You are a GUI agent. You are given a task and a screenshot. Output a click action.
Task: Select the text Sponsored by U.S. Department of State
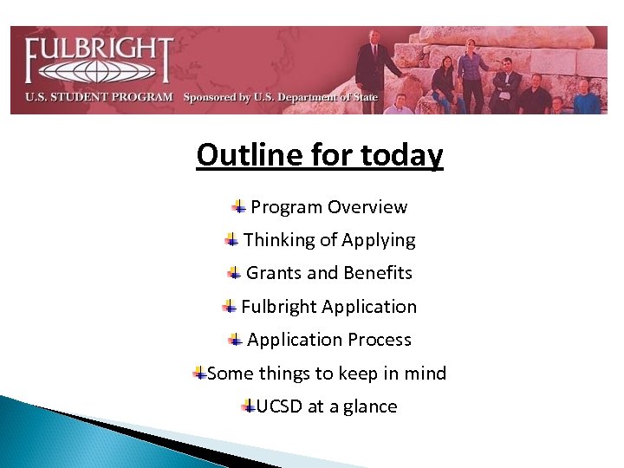pos(280,97)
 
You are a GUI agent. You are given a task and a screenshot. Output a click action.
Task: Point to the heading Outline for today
pos(319,155)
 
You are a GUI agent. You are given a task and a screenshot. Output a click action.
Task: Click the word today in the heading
pos(400,155)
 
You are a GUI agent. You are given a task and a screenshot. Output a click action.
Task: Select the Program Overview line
pos(328,207)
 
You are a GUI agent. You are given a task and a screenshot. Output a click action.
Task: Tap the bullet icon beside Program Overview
pos(238,206)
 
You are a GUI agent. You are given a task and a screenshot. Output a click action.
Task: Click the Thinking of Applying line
pos(329,240)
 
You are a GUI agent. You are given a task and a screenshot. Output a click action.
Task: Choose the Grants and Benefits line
pos(329,273)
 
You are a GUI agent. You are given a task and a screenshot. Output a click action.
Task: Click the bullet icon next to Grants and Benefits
pos(235,273)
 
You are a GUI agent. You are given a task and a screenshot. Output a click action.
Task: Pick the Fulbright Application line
pos(328,307)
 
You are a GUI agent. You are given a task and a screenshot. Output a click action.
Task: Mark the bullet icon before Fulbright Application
pos(230,306)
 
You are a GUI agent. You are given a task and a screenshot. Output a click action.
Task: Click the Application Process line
pos(329,340)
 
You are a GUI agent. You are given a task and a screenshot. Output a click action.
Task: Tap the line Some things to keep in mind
pos(327,374)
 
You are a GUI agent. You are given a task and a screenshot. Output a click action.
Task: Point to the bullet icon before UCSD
pos(249,406)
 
